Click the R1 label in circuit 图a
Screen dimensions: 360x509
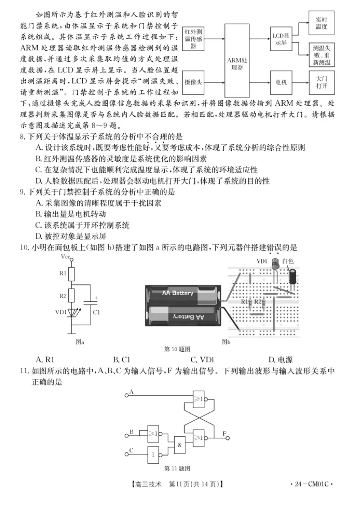63,273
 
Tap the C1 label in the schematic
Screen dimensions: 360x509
96,311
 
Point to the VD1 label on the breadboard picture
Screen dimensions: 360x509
262,260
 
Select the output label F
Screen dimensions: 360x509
225,433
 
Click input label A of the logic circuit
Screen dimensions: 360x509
131,392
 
